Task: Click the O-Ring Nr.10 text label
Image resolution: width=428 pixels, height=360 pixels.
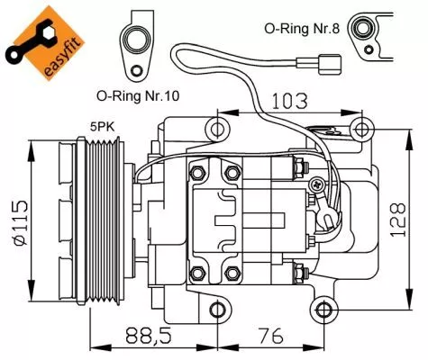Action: pyautogui.click(x=137, y=94)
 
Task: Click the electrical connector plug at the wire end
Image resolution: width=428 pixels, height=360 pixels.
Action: pyautogui.click(x=329, y=66)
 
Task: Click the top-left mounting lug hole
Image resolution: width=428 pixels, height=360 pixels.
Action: pyautogui.click(x=216, y=130)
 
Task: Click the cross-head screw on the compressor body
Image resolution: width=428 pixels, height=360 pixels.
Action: pyautogui.click(x=315, y=184)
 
